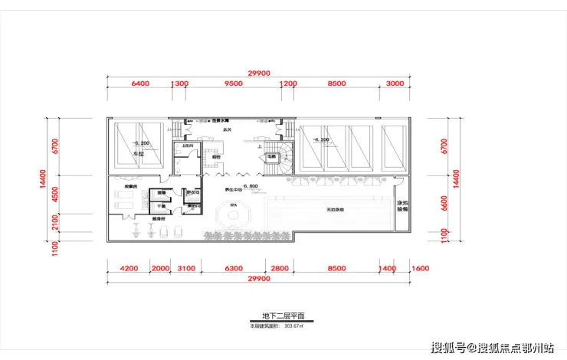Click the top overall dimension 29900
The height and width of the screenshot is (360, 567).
[259, 73]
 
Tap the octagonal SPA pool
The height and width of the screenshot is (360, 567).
[230, 214]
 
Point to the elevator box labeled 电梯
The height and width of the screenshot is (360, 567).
[271, 157]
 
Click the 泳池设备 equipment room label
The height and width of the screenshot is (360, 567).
[402, 207]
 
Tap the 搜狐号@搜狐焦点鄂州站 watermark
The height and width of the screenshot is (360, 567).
[492, 349]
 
